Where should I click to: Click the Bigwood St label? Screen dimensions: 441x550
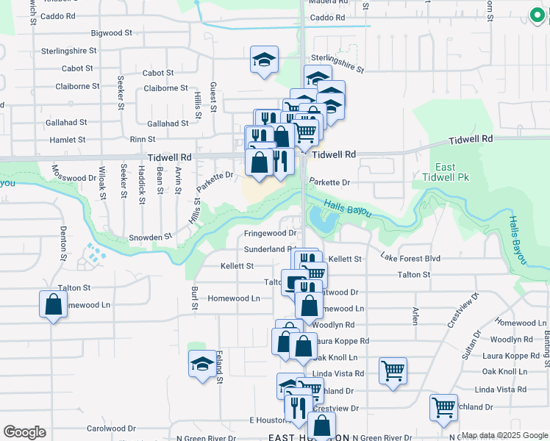pyautogui.click(x=110, y=33)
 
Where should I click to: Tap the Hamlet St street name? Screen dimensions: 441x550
pyautogui.click(x=68, y=139)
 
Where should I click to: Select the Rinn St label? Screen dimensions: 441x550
pyautogui.click(x=143, y=139)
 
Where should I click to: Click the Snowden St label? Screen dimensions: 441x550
pyautogui.click(x=150, y=237)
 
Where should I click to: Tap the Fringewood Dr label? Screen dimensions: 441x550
pyautogui.click(x=270, y=233)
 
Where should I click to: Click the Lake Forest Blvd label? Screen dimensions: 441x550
pyautogui.click(x=410, y=257)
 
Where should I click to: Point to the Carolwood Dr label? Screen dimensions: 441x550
pyautogui.click(x=111, y=428)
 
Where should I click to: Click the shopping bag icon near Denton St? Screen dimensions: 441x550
pyautogui.click(x=54, y=305)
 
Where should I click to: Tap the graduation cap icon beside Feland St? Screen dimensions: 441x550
pyautogui.click(x=202, y=364)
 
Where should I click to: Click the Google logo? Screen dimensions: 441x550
pyautogui.click(x=24, y=432)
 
